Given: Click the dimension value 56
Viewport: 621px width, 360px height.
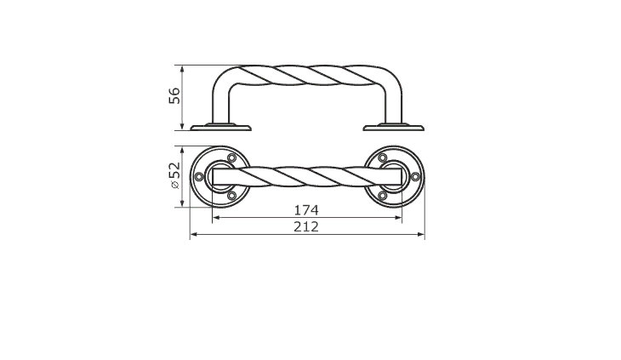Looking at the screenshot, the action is click(x=174, y=95).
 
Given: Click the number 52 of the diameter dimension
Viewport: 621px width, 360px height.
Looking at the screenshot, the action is click(x=174, y=171).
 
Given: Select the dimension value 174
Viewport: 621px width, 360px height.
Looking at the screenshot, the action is click(x=306, y=210).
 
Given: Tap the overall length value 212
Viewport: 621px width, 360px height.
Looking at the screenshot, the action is click(x=306, y=227).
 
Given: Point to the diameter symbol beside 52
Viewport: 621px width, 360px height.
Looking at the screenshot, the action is click(x=175, y=185).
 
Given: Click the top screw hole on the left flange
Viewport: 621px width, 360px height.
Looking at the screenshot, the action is click(x=232, y=158).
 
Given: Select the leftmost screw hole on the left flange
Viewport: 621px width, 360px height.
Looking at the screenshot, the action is click(x=200, y=177).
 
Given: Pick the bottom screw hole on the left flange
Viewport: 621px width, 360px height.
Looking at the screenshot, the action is click(x=232, y=195).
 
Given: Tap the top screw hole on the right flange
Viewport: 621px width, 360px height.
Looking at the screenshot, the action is click(x=382, y=158).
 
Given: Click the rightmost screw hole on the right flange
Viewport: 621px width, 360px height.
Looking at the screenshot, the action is click(x=415, y=177).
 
